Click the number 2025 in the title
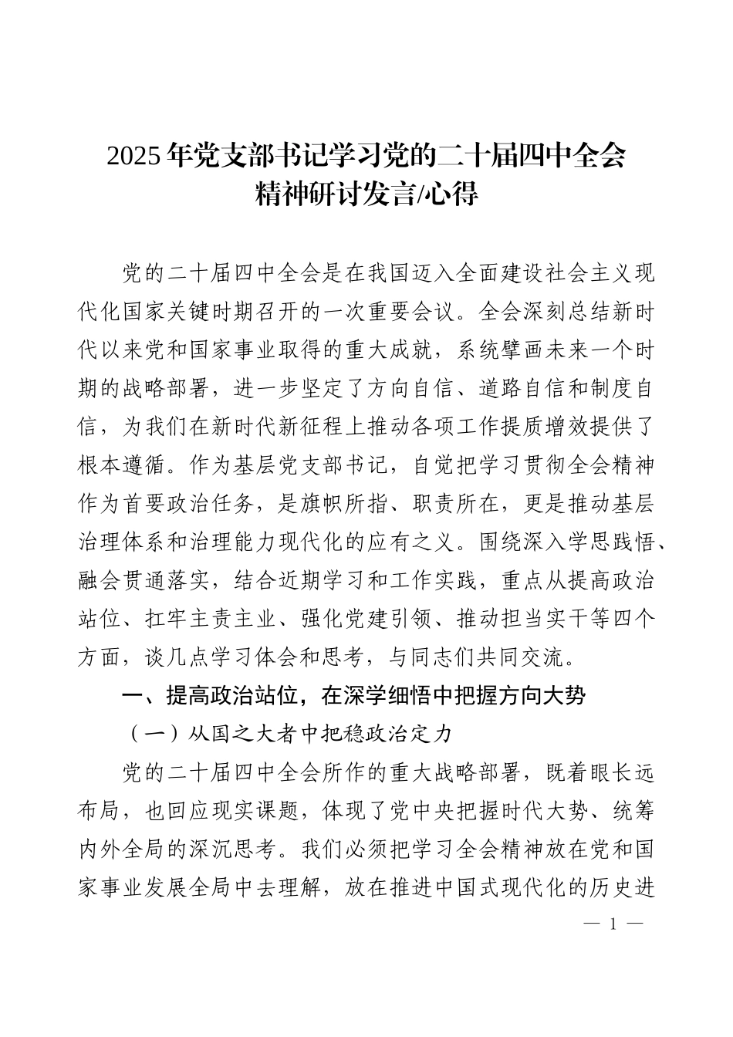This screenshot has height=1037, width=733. tap(134, 156)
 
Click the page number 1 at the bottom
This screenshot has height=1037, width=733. tap(614, 924)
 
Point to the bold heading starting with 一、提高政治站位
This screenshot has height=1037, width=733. tap(354, 696)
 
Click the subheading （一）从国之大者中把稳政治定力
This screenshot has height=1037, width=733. tap(290, 733)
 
